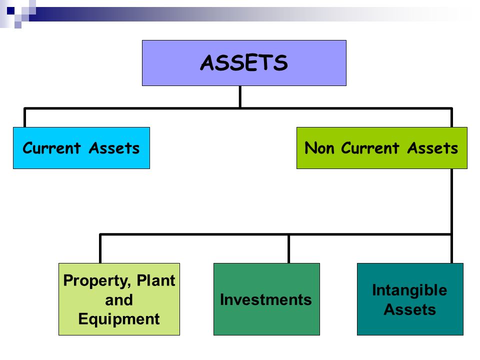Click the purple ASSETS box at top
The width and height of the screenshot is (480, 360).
tap(244, 63)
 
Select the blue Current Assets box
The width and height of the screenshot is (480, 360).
tap(81, 148)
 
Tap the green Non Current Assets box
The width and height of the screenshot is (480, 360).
tap(381, 148)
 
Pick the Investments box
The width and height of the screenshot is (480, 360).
tap(266, 299)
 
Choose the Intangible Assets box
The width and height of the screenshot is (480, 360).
tap(409, 299)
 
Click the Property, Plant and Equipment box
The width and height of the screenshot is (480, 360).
tap(119, 299)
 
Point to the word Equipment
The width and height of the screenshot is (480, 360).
tap(119, 319)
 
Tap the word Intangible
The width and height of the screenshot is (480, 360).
tap(409, 290)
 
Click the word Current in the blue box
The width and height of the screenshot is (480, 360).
tap(51, 148)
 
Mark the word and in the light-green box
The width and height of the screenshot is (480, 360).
tap(119, 300)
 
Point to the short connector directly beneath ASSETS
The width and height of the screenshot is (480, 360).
tap(240, 96)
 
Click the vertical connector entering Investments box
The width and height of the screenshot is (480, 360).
tap(288, 248)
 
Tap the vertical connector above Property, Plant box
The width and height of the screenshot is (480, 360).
tap(100, 248)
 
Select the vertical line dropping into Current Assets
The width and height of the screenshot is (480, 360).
tap(25, 117)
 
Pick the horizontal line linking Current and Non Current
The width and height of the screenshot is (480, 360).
tap(150, 108)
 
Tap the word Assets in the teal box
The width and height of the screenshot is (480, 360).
tap(409, 309)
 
